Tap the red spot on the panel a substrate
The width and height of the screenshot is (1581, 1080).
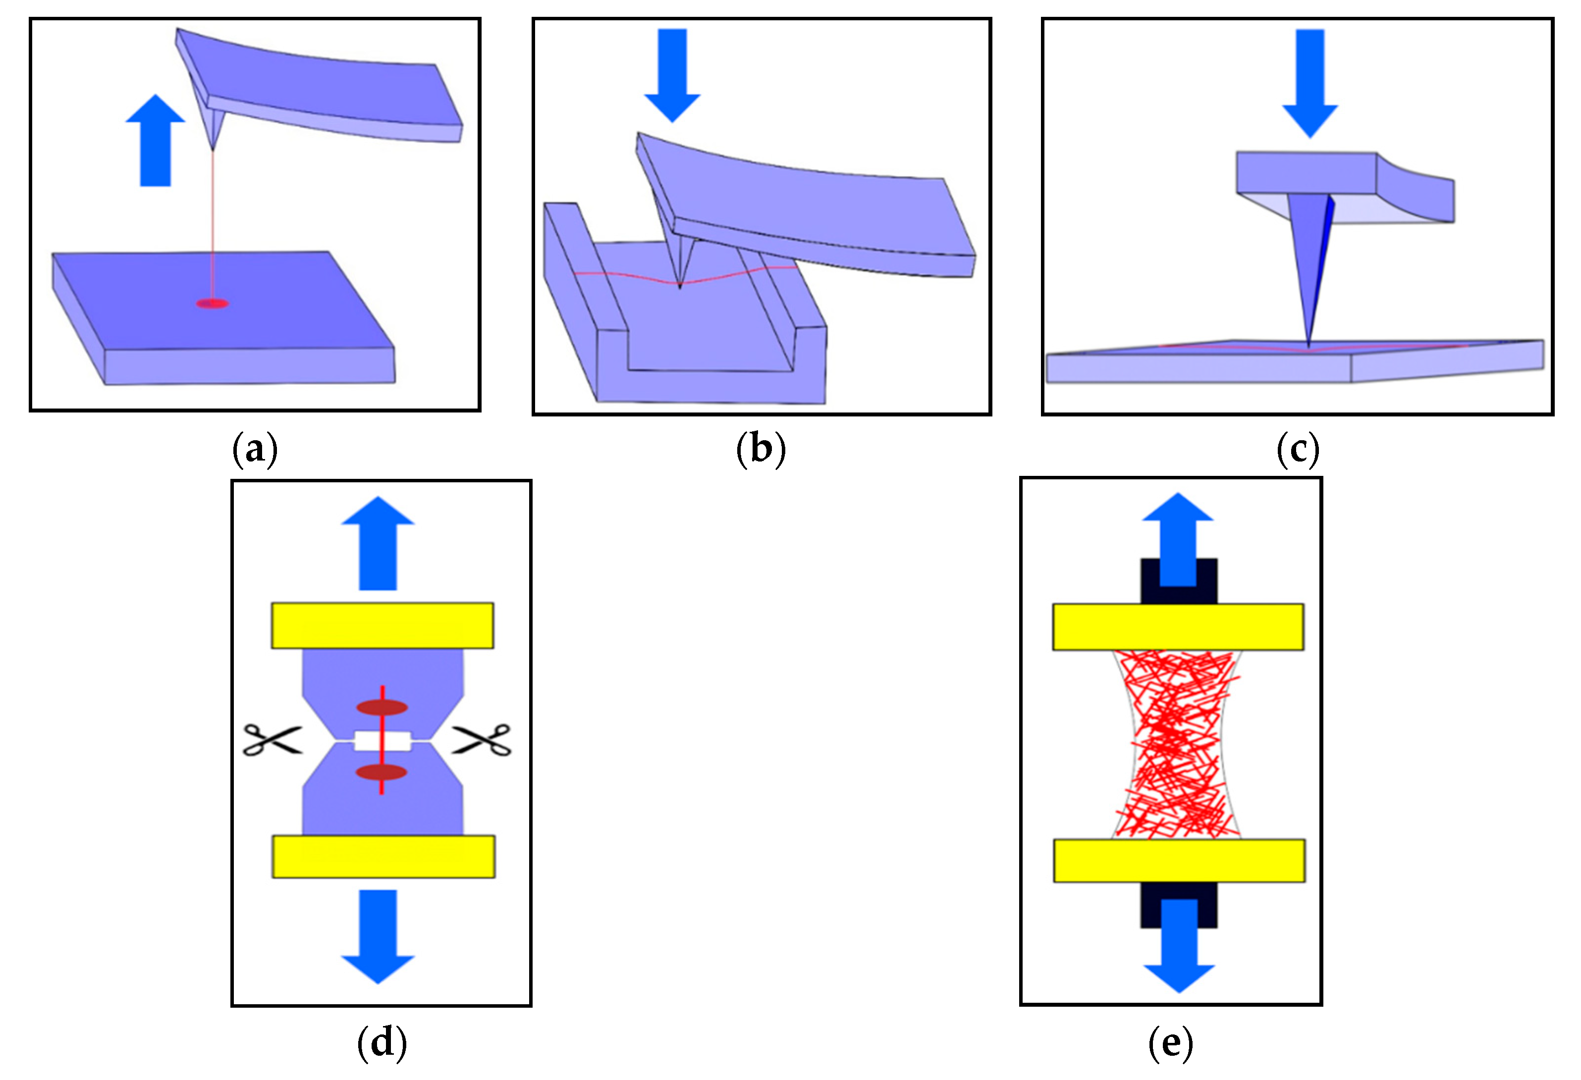click(x=212, y=304)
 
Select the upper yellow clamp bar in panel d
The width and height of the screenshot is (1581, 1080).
click(x=382, y=625)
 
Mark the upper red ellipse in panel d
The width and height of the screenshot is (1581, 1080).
click(x=382, y=707)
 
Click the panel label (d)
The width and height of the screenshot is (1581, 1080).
click(x=382, y=1042)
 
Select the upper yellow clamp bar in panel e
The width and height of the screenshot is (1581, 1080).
click(x=1178, y=626)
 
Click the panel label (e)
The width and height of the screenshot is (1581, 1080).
click(x=1170, y=1042)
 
